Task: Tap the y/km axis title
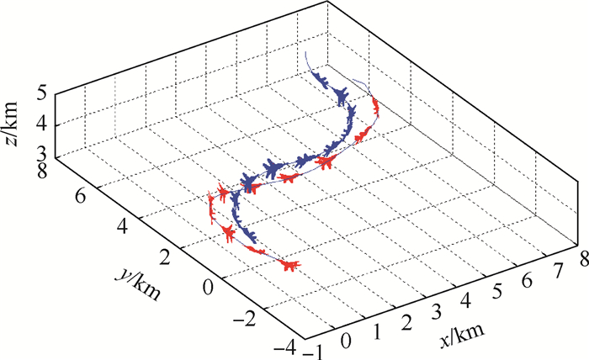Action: click(135, 286)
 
